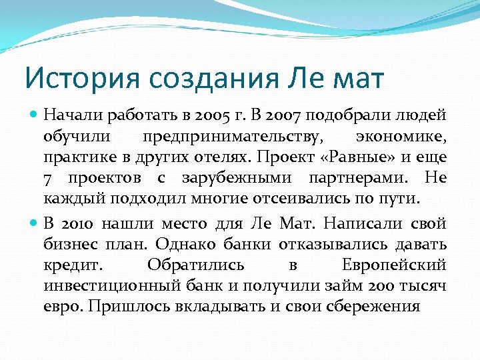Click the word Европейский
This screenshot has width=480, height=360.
(x=394, y=265)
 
